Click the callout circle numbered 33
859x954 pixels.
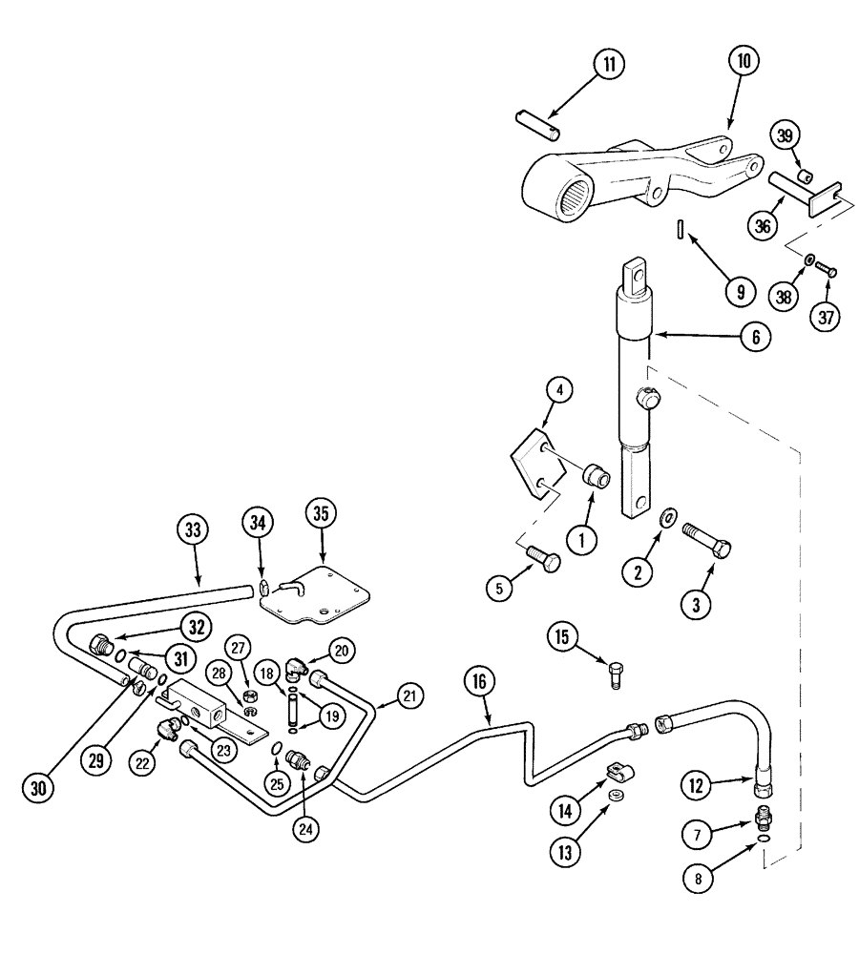pos(194,529)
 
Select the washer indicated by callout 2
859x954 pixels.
pos(670,517)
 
